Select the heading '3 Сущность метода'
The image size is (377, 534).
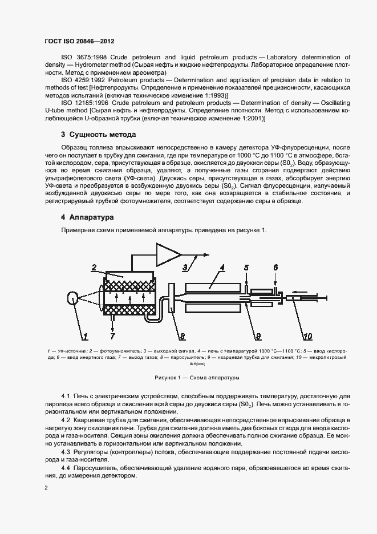pyautogui.click(x=98, y=135)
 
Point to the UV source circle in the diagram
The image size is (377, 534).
pyautogui.click(x=74, y=298)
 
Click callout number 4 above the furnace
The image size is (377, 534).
pyautogui.click(x=222, y=267)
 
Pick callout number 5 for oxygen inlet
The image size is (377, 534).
pyautogui.click(x=246, y=267)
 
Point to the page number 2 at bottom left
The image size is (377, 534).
pyautogui.click(x=46, y=488)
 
